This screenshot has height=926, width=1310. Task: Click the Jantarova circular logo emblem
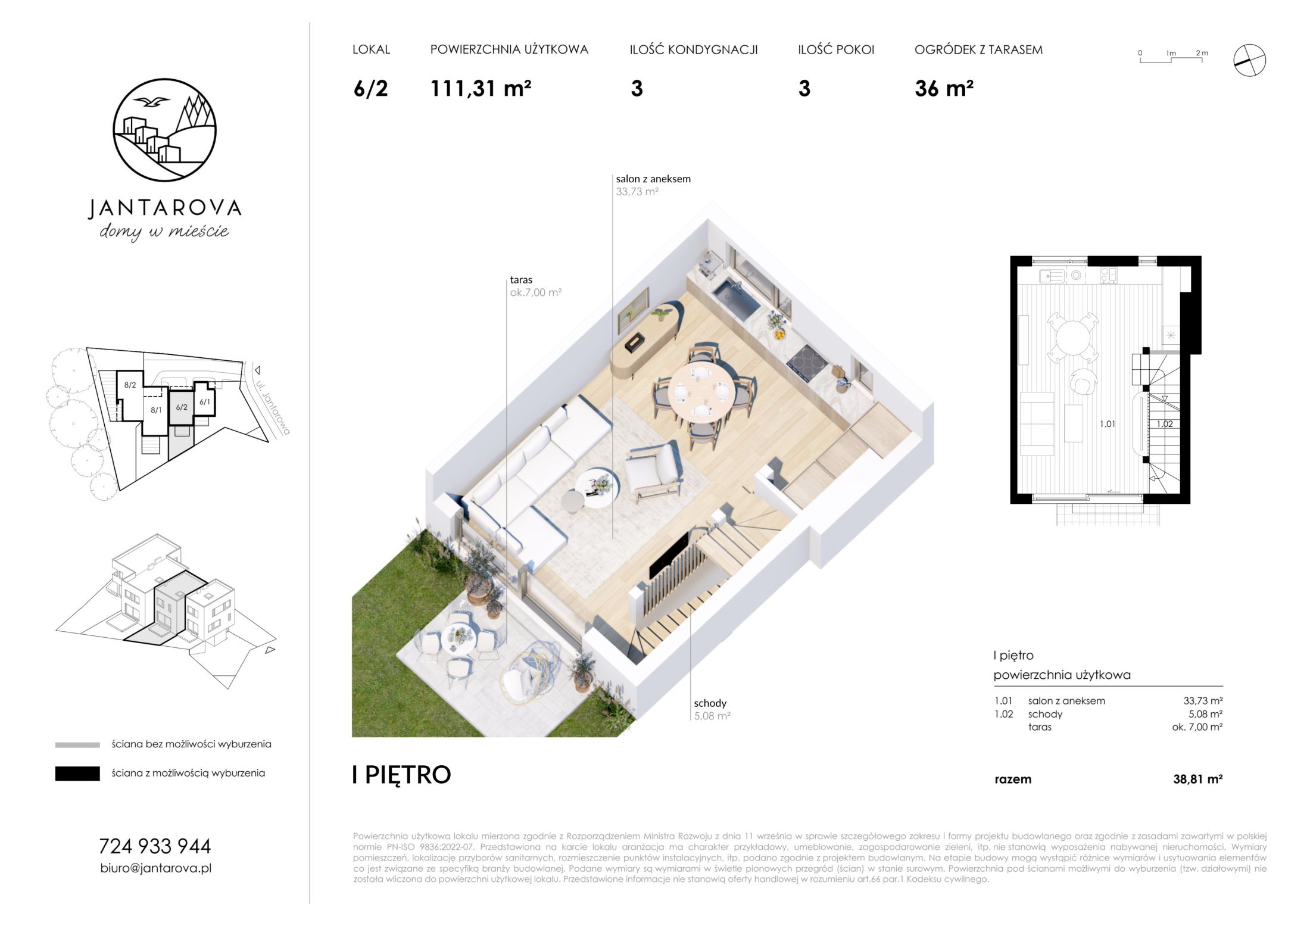point(164,129)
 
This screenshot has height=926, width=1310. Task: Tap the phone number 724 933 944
point(155,846)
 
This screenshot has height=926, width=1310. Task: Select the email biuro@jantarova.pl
point(156,868)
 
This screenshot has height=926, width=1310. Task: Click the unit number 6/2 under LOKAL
point(370,89)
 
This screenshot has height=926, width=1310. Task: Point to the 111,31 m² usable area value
point(481,89)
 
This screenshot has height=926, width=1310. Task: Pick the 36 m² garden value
point(944,89)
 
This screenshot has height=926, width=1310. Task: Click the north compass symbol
point(1249,60)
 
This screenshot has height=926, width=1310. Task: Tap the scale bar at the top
point(1171,58)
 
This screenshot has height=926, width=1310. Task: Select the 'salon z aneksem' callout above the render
point(653,179)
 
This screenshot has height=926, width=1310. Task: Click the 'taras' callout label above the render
point(521,279)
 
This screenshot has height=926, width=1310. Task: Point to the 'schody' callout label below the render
point(710,703)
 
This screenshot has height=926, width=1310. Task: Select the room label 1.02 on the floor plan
point(1165,424)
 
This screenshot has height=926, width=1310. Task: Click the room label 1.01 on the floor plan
point(1108,424)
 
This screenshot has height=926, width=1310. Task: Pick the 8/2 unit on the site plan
point(130,385)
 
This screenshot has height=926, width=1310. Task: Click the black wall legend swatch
point(77,774)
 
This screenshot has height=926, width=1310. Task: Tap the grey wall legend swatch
point(77,745)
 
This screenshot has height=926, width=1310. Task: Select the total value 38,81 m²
point(1197,779)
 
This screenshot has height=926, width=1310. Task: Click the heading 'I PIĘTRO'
point(402,774)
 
